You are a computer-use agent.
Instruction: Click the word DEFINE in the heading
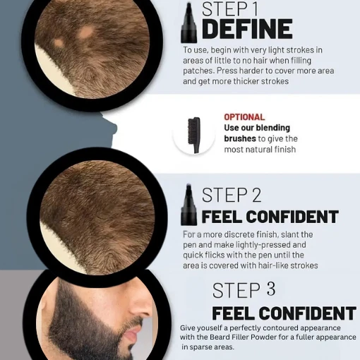(x=247, y=29)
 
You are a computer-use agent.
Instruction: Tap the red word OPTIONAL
(x=244, y=117)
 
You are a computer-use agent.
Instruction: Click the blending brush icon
(x=194, y=135)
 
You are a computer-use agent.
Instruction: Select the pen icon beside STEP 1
(x=188, y=23)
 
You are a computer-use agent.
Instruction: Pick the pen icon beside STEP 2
(x=188, y=205)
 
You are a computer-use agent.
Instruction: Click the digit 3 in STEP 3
(x=271, y=289)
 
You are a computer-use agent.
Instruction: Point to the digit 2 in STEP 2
(x=257, y=195)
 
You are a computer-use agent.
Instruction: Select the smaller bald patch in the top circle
(x=59, y=43)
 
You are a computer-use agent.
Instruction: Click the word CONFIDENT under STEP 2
(x=292, y=217)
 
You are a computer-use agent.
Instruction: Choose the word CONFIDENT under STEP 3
(x=307, y=313)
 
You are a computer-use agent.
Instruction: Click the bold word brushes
(x=240, y=138)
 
